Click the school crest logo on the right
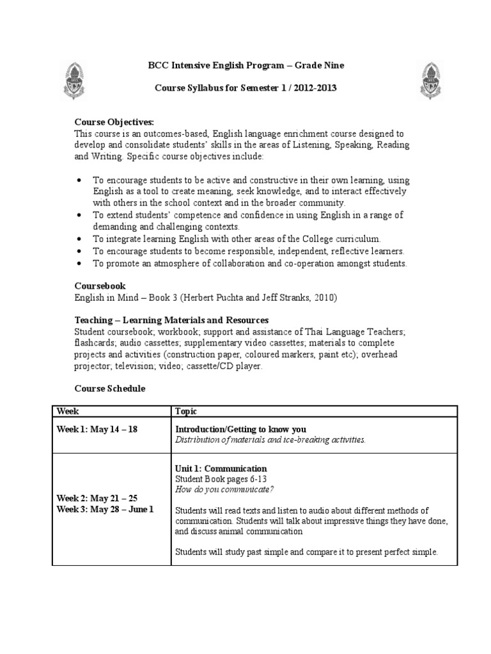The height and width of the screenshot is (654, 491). pos(431,80)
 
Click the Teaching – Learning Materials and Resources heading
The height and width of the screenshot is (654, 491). pos(171,319)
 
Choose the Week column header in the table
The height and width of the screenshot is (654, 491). pos(68,411)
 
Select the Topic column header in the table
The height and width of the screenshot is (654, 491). pos(186,411)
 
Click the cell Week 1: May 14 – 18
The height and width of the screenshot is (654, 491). pos(97,429)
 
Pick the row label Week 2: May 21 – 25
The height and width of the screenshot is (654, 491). pos(97,498)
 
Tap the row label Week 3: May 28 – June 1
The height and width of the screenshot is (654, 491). pos(105,509)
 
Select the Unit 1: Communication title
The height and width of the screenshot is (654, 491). pos(221,468)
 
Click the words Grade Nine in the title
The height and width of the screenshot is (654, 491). pos(321,64)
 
